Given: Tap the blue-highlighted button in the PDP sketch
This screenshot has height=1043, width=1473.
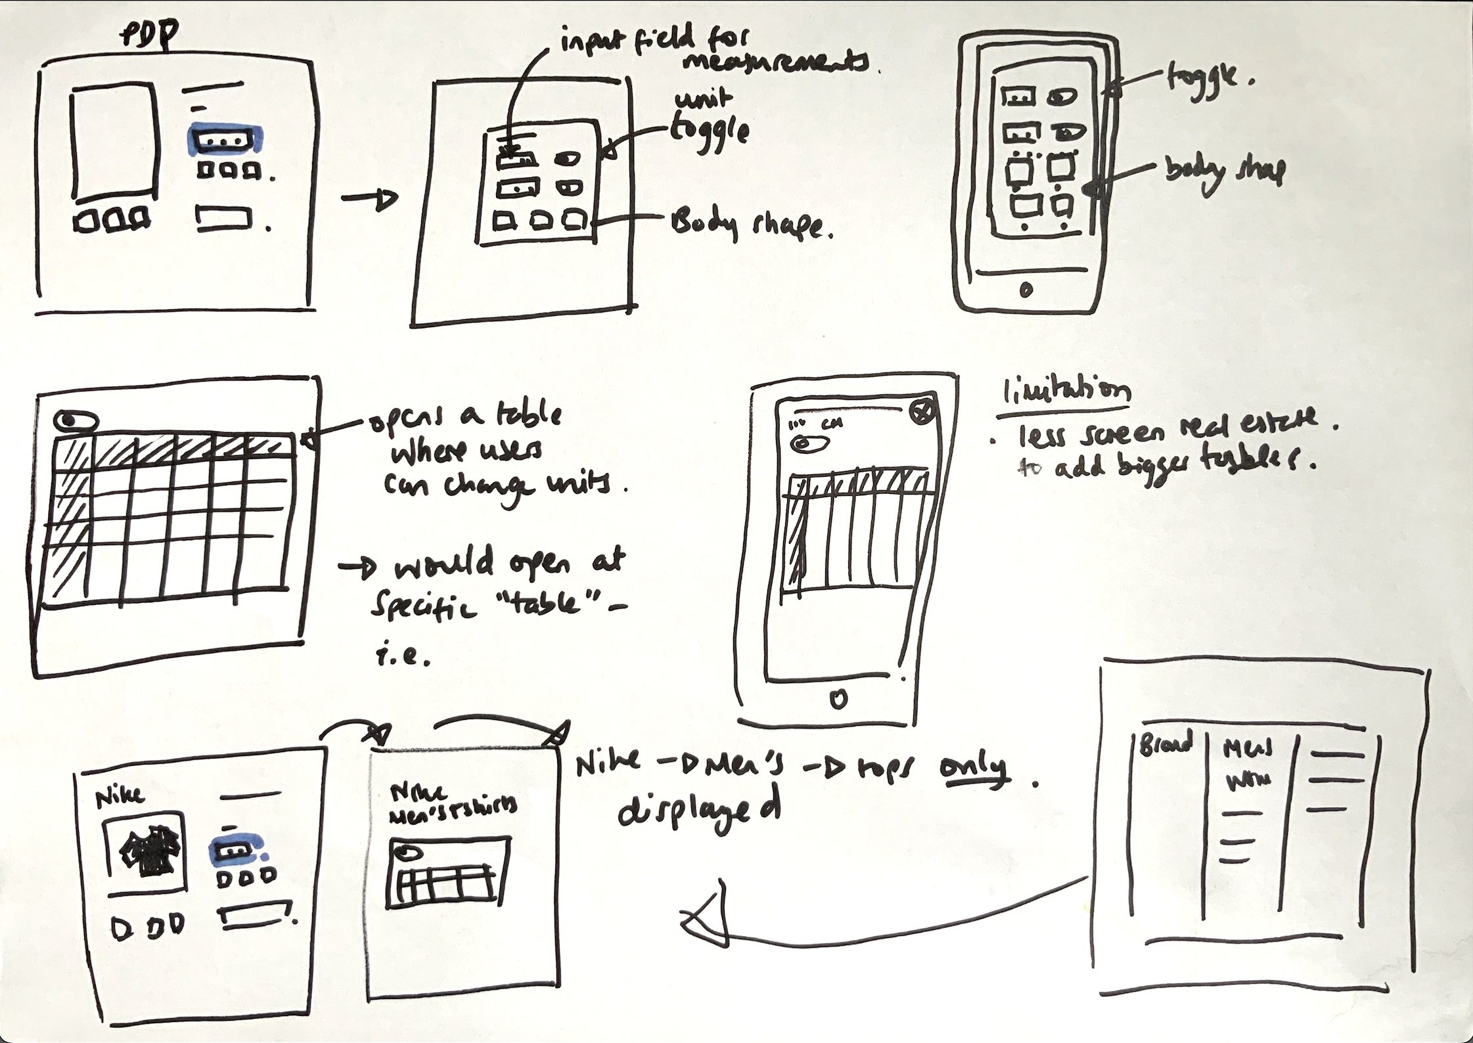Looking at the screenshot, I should (225, 141).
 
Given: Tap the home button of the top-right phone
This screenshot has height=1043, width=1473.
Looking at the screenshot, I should (1026, 288).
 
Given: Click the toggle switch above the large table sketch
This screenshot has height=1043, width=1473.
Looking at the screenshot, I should (77, 422).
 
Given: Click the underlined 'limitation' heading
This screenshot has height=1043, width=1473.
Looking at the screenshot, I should (1063, 393).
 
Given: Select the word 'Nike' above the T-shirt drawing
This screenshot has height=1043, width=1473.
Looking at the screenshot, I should (120, 796).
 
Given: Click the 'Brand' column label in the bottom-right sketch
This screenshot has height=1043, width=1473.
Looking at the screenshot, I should (1165, 745).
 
